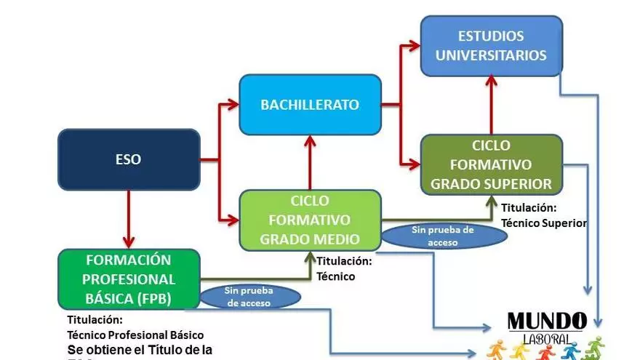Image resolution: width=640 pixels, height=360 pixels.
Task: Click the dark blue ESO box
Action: [128, 159]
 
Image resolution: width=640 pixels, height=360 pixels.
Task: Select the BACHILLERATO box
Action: [310, 105]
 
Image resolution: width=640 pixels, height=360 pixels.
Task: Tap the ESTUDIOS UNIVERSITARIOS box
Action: [491, 46]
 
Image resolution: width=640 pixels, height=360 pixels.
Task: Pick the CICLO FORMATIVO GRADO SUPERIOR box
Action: [491, 164]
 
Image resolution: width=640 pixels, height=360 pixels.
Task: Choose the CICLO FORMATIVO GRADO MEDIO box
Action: [310, 220]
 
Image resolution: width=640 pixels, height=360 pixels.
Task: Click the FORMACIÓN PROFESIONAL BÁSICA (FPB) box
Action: [128, 279]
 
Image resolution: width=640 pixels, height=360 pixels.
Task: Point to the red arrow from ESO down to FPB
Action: [129, 218]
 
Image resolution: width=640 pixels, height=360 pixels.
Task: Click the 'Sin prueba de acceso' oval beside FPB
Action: [250, 297]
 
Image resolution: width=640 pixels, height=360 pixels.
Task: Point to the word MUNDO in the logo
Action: [546, 321]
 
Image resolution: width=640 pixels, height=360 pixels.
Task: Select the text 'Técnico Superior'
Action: [543, 223]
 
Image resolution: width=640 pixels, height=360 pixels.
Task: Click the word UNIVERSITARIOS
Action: [492, 55]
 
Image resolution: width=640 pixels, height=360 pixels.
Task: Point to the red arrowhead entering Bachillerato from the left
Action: [232, 105]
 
